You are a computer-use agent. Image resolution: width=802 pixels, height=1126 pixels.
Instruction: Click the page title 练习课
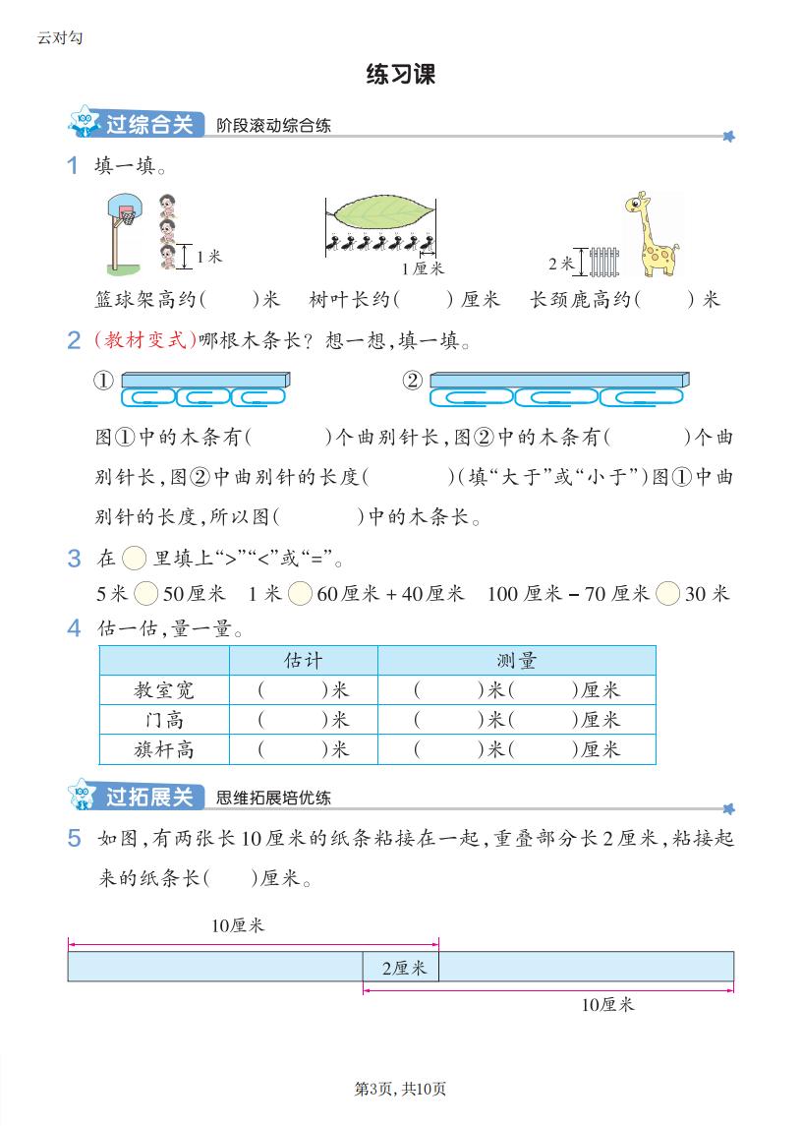400,75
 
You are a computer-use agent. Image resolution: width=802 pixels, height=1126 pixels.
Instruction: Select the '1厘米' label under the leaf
423,268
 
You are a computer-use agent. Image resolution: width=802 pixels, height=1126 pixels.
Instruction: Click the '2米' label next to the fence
560,264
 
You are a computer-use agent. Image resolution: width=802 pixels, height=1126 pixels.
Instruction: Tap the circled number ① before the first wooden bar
104,381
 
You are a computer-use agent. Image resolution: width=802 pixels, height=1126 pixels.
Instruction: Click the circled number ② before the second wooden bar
413,381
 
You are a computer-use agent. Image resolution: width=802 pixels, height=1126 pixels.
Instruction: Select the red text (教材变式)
144,341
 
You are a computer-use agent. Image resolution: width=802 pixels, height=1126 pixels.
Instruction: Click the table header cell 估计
303,660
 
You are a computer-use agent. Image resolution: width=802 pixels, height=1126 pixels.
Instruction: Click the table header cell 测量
516,660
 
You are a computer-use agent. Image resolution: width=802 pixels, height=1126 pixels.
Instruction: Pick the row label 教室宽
164,690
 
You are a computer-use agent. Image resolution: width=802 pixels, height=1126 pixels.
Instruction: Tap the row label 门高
164,720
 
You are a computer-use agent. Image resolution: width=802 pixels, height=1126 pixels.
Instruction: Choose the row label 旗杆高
164,749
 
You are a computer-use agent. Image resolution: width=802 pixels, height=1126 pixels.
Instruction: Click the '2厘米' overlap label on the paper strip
403,968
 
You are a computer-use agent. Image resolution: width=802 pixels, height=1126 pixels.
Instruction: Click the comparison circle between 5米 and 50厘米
145,593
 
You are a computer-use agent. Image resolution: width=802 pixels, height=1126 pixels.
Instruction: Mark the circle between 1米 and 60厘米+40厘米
300,593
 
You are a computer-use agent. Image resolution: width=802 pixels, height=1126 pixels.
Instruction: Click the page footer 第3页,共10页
400,1089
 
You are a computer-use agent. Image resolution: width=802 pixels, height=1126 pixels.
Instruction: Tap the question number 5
74,838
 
